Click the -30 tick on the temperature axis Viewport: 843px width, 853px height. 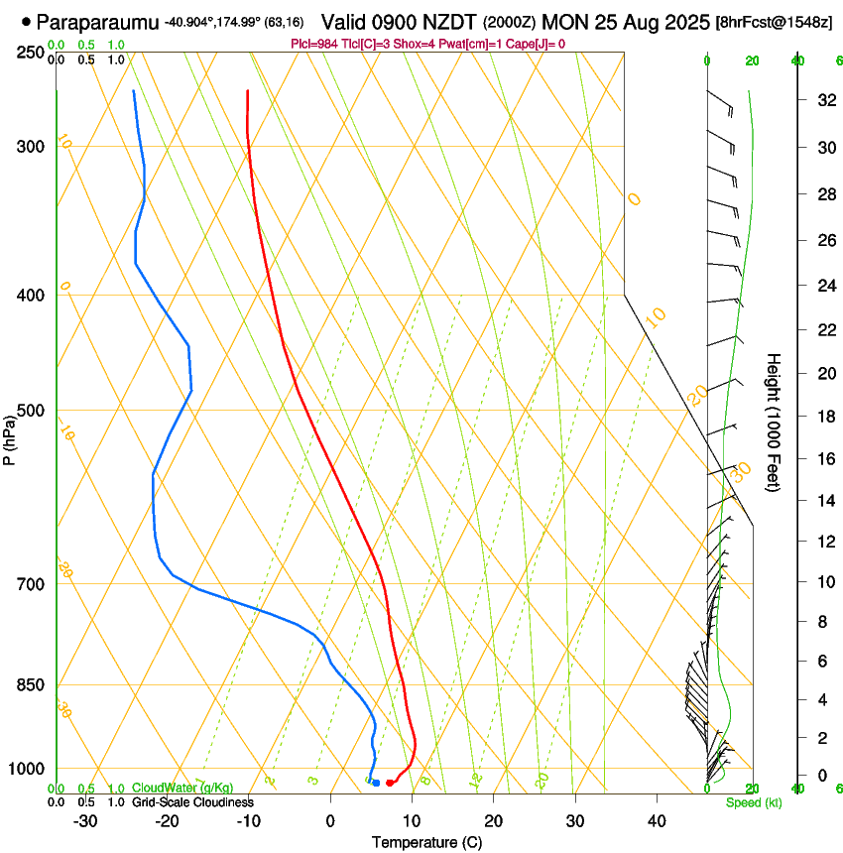pyautogui.click(x=85, y=820)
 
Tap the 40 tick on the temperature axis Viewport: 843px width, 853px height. pyautogui.click(x=656, y=820)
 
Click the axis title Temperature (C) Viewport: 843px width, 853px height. pyautogui.click(x=426, y=843)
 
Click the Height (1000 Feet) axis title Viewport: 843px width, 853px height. pyautogui.click(x=775, y=423)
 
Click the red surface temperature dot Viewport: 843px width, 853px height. pyautogui.click(x=389, y=783)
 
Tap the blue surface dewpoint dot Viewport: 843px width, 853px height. pyautogui.click(x=376, y=783)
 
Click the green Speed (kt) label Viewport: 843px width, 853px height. pyautogui.click(x=753, y=802)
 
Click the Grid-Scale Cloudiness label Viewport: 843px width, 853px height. pyautogui.click(x=192, y=801)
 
